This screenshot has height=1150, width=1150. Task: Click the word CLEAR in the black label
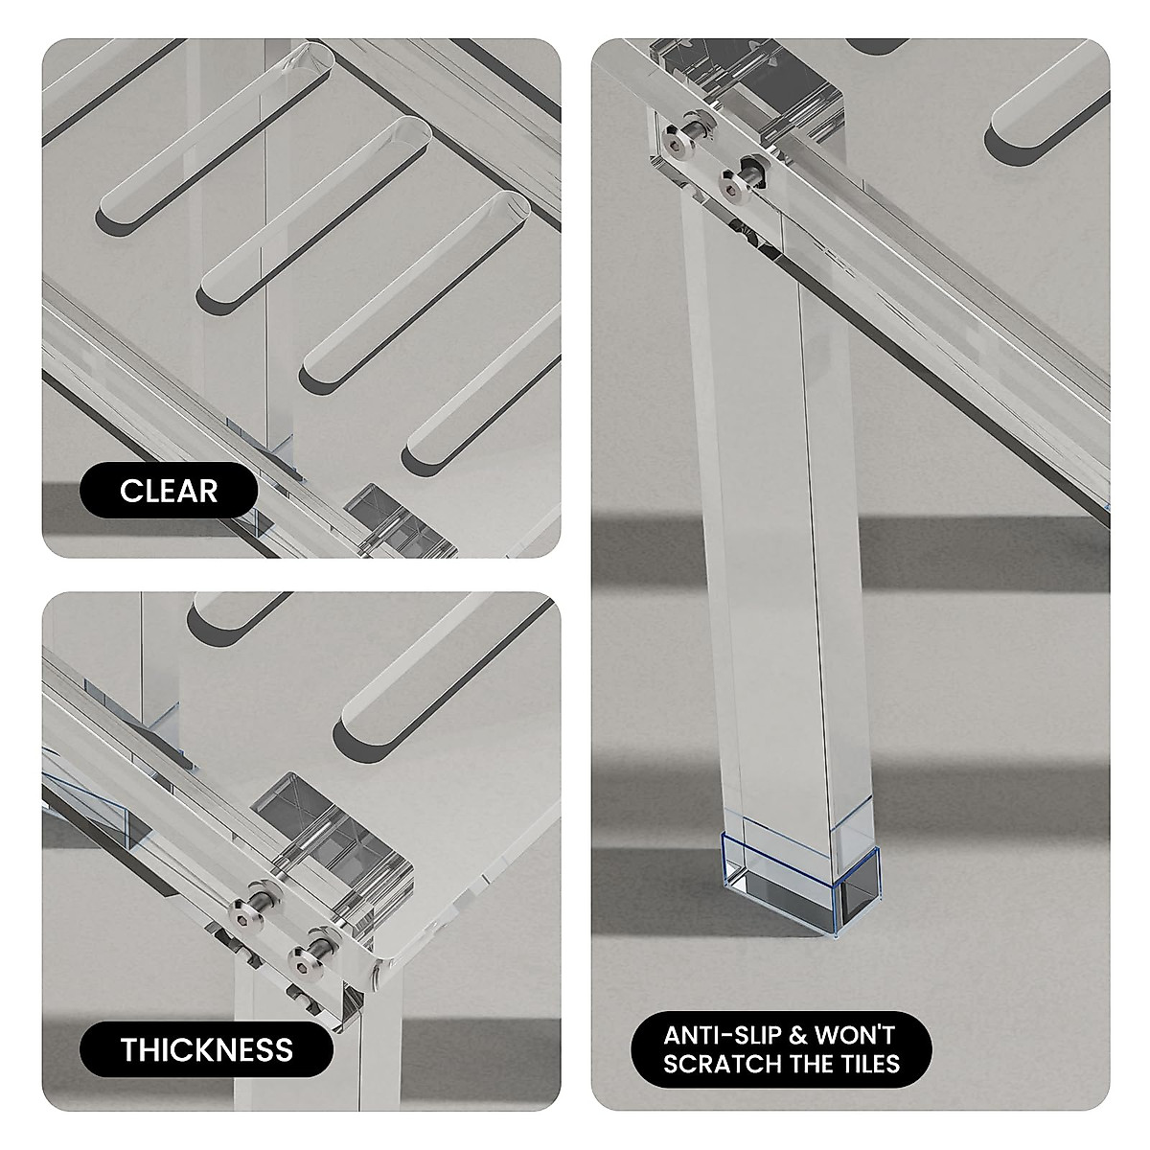tap(169, 491)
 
